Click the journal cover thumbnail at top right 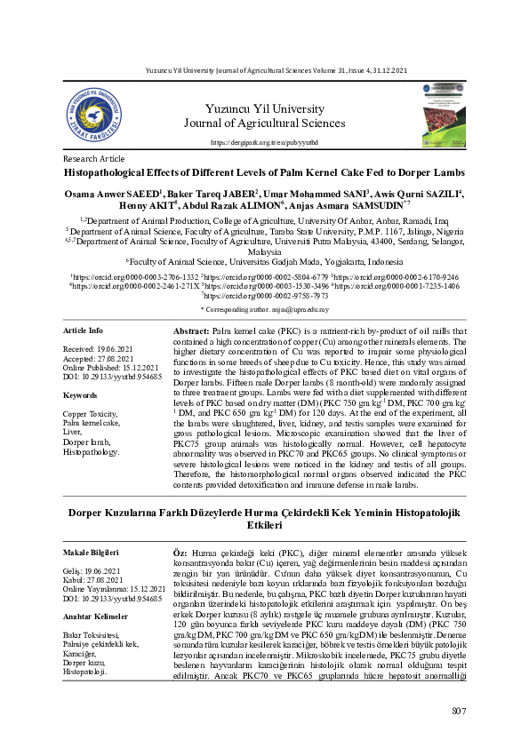click(x=445, y=115)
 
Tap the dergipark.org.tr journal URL click(x=263, y=142)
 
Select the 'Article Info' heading click(x=84, y=330)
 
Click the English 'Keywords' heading click(x=80, y=394)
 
